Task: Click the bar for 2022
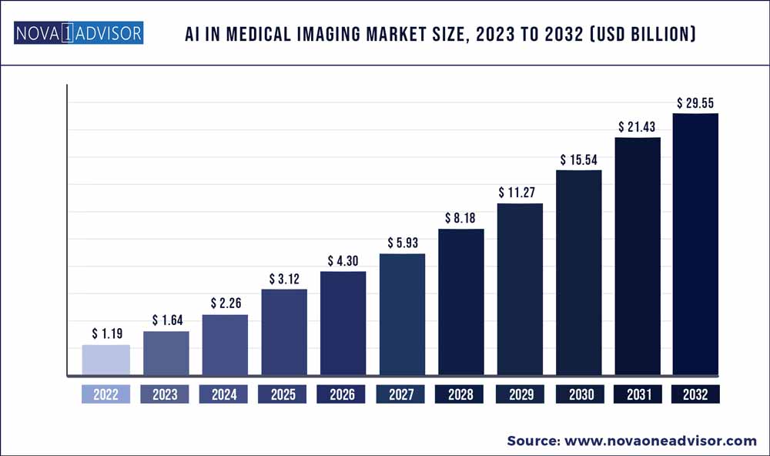pos(106,360)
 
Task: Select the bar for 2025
pos(283,333)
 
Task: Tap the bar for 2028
pos(460,303)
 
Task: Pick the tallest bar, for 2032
pos(695,245)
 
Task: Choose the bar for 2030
pos(578,273)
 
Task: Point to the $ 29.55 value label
pos(697,102)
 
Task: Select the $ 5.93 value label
pos(402,242)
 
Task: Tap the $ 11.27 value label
pos(520,192)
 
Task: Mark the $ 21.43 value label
pos(638,126)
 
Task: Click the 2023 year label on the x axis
pos(165,394)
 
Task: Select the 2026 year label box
pos(342,394)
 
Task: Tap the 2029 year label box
pos(520,394)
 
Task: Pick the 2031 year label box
pos(638,394)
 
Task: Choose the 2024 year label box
pos(224,394)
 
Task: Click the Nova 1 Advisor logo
pos(79,34)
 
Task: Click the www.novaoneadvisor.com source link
pos(661,441)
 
